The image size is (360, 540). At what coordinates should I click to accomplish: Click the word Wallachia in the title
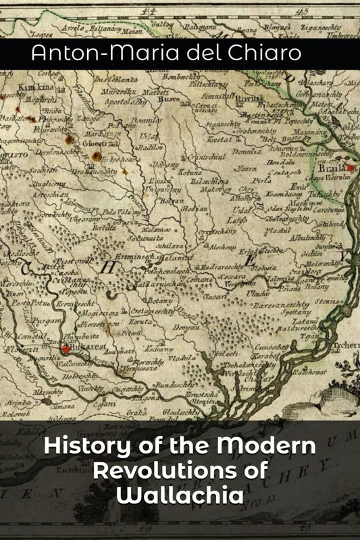pyautogui.click(x=180, y=495)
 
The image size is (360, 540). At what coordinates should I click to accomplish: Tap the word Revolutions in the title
pyautogui.click(x=180, y=471)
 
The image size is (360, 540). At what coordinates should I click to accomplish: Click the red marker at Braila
pyautogui.click(x=351, y=166)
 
